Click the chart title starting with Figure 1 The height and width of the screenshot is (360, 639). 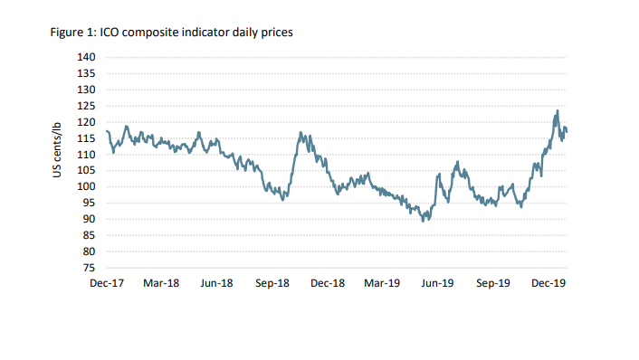tap(170, 33)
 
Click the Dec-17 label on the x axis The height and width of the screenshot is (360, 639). tap(107, 283)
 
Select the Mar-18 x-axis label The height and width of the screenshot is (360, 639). tap(162, 283)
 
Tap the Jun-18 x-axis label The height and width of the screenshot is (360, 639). tap(217, 283)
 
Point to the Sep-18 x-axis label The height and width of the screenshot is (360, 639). tap(272, 283)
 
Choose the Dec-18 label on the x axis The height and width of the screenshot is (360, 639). tap(327, 283)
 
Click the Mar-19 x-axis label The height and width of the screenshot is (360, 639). tap(382, 283)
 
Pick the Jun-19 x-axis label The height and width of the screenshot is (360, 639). tap(437, 283)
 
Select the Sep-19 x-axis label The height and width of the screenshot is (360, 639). tap(493, 283)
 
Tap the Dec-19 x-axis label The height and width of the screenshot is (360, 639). tap(548, 283)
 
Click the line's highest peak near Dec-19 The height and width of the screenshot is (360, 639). tap(558, 111)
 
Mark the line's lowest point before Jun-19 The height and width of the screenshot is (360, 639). tap(423, 221)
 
